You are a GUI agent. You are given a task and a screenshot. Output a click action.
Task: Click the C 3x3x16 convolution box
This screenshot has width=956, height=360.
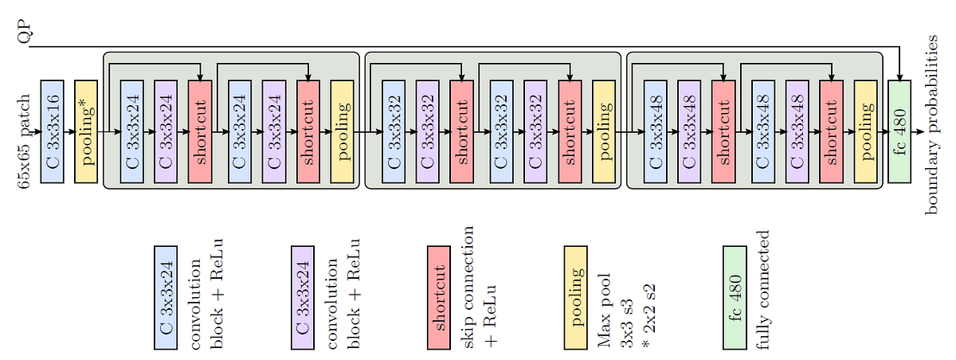click(52, 131)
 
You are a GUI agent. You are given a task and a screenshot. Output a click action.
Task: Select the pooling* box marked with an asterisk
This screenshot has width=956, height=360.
click(86, 131)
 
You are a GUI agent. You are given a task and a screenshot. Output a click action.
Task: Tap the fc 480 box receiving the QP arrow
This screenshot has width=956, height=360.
click(899, 131)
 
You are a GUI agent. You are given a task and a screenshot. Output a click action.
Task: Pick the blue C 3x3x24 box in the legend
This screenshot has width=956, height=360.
click(166, 297)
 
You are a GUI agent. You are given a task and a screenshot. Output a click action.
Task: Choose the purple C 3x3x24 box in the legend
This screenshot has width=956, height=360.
click(302, 297)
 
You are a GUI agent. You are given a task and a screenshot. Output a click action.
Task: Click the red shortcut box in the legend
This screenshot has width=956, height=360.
click(439, 297)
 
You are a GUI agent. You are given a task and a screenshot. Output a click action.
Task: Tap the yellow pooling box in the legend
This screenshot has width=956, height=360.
click(575, 297)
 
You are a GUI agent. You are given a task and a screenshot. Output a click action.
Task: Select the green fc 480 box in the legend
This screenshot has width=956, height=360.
click(734, 297)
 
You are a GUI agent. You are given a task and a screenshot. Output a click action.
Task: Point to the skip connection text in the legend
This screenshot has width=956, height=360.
click(468, 287)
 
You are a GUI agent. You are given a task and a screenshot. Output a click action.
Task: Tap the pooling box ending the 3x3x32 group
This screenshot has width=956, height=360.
click(604, 131)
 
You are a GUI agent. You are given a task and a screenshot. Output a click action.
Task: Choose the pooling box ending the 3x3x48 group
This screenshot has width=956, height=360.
click(865, 131)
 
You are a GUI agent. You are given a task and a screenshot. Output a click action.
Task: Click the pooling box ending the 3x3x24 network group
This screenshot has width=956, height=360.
click(342, 131)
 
